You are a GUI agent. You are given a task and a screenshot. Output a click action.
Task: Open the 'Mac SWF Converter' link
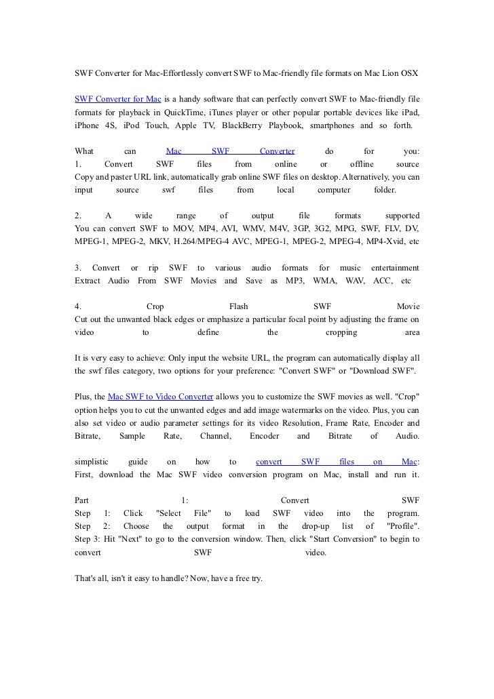[x=230, y=152]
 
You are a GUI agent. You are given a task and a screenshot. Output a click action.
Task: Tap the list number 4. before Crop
[x=77, y=306]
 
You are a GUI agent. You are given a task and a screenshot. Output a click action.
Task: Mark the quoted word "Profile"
[x=402, y=526]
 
